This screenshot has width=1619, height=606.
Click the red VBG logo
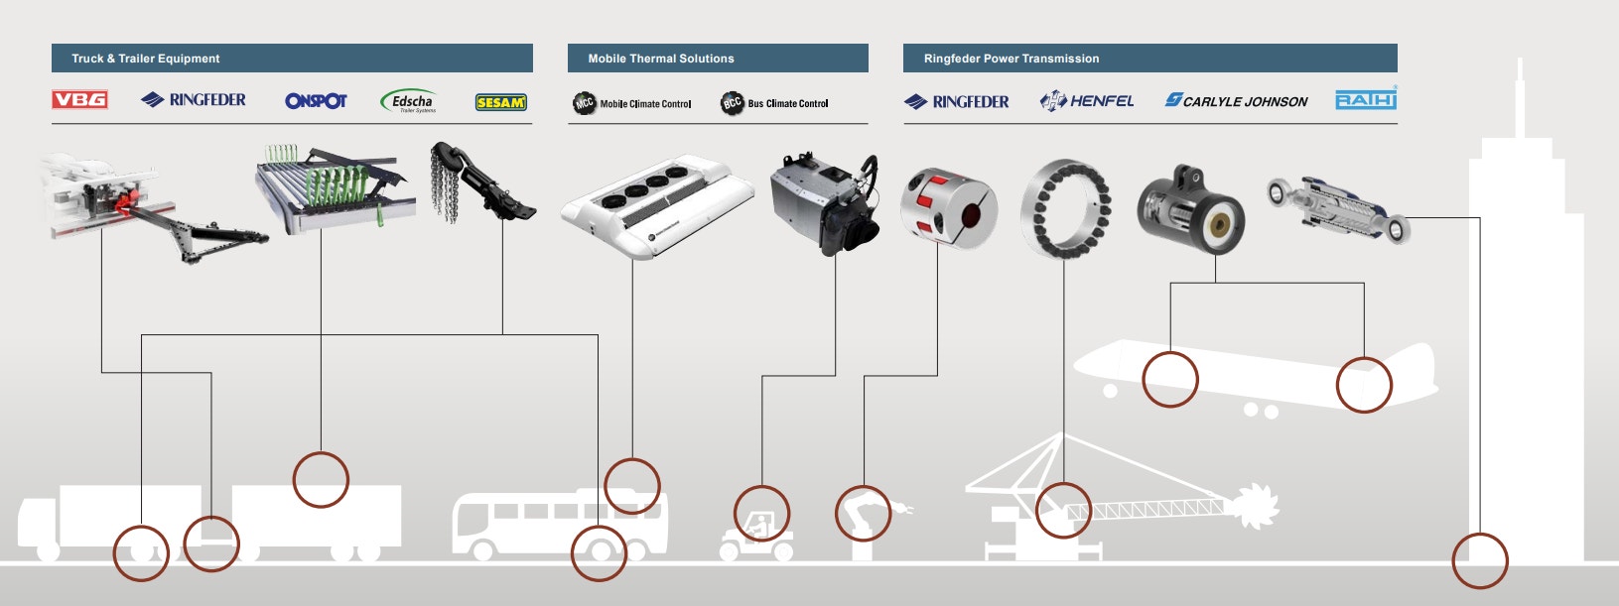pyautogui.click(x=79, y=99)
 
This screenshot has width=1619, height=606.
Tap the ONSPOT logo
pyautogui.click(x=316, y=101)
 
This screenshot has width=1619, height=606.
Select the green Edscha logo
pyautogui.click(x=408, y=101)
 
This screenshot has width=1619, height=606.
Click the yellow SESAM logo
pyautogui.click(x=500, y=102)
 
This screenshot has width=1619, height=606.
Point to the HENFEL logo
pyautogui.click(x=1087, y=101)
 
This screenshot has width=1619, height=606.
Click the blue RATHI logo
pyautogui.click(x=1366, y=99)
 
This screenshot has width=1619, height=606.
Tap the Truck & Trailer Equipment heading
pyautogui.click(x=146, y=59)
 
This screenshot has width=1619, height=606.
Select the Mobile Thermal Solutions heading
pyautogui.click(x=661, y=59)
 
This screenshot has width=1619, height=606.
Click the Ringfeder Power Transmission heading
pyautogui.click(x=1012, y=59)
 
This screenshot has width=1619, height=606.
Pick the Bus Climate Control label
pyautogui.click(x=774, y=103)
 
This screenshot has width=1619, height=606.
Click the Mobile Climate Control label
pyautogui.click(x=632, y=103)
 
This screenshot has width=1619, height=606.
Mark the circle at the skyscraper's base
pyautogui.click(x=1479, y=560)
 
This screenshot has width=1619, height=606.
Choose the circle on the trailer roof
pyautogui.click(x=321, y=480)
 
